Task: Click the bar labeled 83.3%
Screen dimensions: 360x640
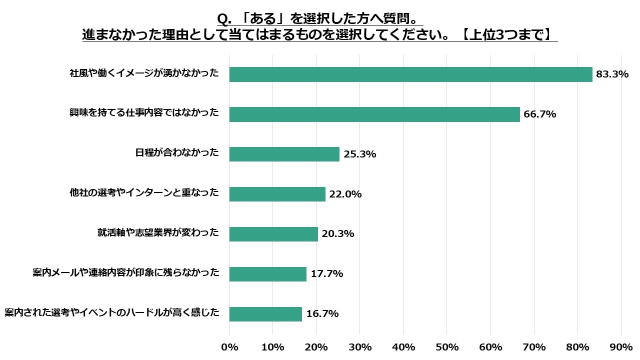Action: coord(410,74)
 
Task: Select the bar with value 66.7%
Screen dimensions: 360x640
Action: coord(374,114)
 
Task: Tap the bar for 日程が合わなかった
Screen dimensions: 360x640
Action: coord(284,154)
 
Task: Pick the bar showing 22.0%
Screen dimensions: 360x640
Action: coord(277,194)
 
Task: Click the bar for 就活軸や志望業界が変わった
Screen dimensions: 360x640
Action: coord(273,234)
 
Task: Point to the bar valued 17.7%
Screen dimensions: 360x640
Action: coord(267,274)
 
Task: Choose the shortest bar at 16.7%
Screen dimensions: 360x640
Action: coord(265,314)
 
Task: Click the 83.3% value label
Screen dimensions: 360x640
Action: coord(612,74)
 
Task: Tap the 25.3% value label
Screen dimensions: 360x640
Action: coord(360,154)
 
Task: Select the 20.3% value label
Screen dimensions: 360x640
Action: coord(338,234)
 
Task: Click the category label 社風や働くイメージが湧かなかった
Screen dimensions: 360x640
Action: coord(144,73)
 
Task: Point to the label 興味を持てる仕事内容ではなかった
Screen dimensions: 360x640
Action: coord(144,113)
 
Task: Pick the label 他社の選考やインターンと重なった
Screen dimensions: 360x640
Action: coord(144,193)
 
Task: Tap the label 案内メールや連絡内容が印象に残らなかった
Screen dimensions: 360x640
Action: coord(126,273)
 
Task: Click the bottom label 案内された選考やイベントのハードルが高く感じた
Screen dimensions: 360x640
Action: coord(112,313)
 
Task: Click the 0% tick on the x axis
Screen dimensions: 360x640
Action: coord(229,347)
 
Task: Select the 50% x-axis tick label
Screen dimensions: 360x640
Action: coord(447,347)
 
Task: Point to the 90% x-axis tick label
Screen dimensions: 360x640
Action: coord(621,347)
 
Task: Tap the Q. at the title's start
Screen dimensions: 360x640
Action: coord(223,19)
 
